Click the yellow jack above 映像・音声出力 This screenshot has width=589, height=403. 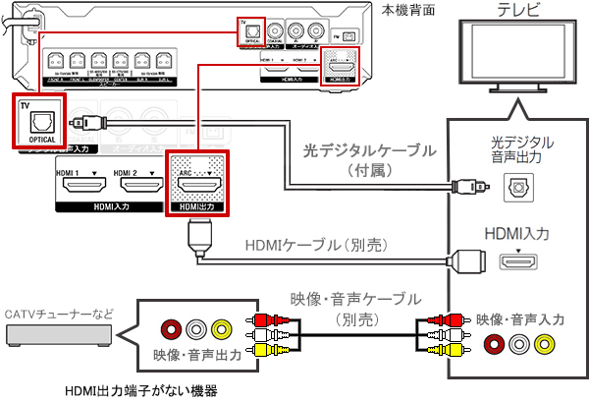pos(220,329)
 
